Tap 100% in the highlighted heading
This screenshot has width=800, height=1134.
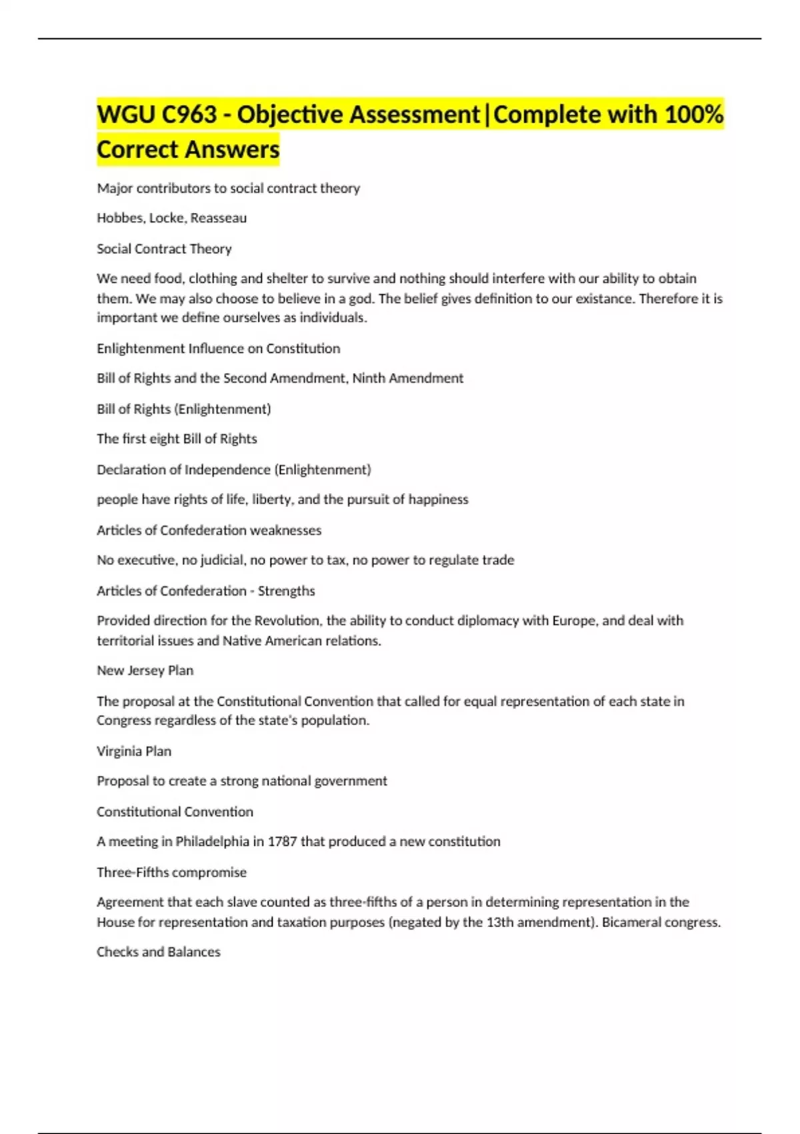click(x=693, y=115)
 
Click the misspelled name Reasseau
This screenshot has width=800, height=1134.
click(x=219, y=218)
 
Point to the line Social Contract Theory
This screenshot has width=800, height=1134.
click(x=164, y=249)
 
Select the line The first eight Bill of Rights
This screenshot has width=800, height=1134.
click(x=177, y=439)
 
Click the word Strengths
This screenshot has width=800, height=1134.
click(x=287, y=591)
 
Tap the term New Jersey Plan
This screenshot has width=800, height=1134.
click(x=145, y=670)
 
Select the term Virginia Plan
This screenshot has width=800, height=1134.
click(x=134, y=751)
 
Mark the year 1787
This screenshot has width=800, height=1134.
click(x=282, y=842)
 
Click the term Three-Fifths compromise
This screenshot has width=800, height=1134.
click(x=171, y=873)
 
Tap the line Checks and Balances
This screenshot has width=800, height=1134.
click(x=158, y=952)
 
